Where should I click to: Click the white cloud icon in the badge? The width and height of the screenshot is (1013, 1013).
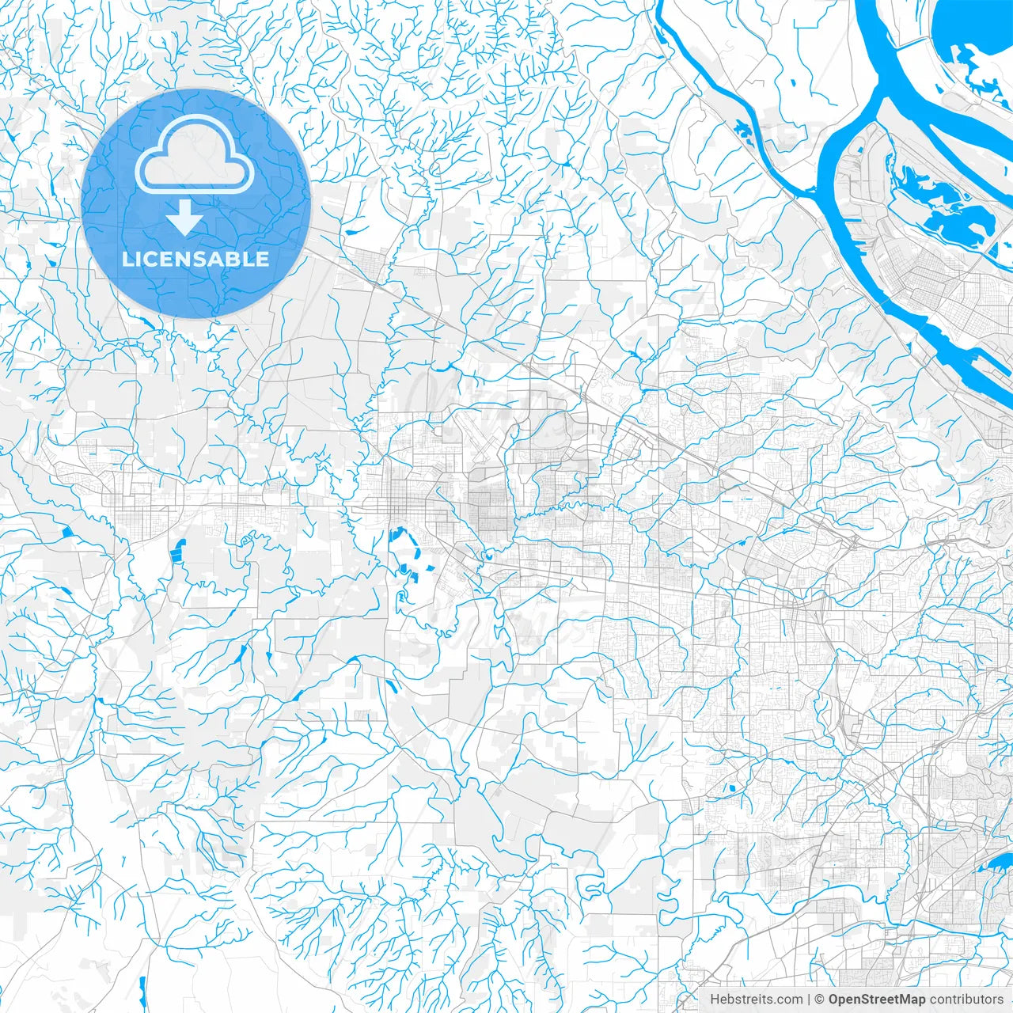point(195,155)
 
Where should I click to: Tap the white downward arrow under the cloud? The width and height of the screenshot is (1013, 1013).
point(184,218)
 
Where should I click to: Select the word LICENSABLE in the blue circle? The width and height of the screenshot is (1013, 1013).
point(195,260)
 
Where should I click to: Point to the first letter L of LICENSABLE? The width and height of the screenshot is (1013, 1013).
point(127,260)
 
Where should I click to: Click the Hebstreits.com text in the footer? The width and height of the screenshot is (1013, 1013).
point(756,1000)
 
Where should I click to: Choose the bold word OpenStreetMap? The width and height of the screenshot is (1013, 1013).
point(877,1000)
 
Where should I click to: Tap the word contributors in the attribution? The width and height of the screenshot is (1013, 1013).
point(966,1000)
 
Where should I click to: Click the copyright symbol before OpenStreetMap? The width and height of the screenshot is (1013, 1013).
point(820,1000)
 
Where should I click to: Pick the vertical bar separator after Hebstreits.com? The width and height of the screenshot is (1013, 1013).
point(809,1000)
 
